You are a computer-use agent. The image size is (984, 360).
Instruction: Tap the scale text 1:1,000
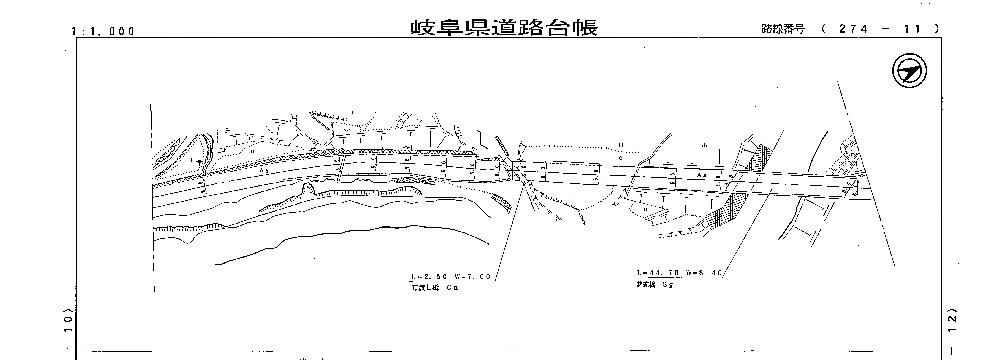point(103,31)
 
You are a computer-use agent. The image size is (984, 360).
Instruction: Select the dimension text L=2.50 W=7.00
point(451,277)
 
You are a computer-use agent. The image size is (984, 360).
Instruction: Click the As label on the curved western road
point(264,171)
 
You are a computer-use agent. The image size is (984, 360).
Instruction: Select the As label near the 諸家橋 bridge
point(702,175)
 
